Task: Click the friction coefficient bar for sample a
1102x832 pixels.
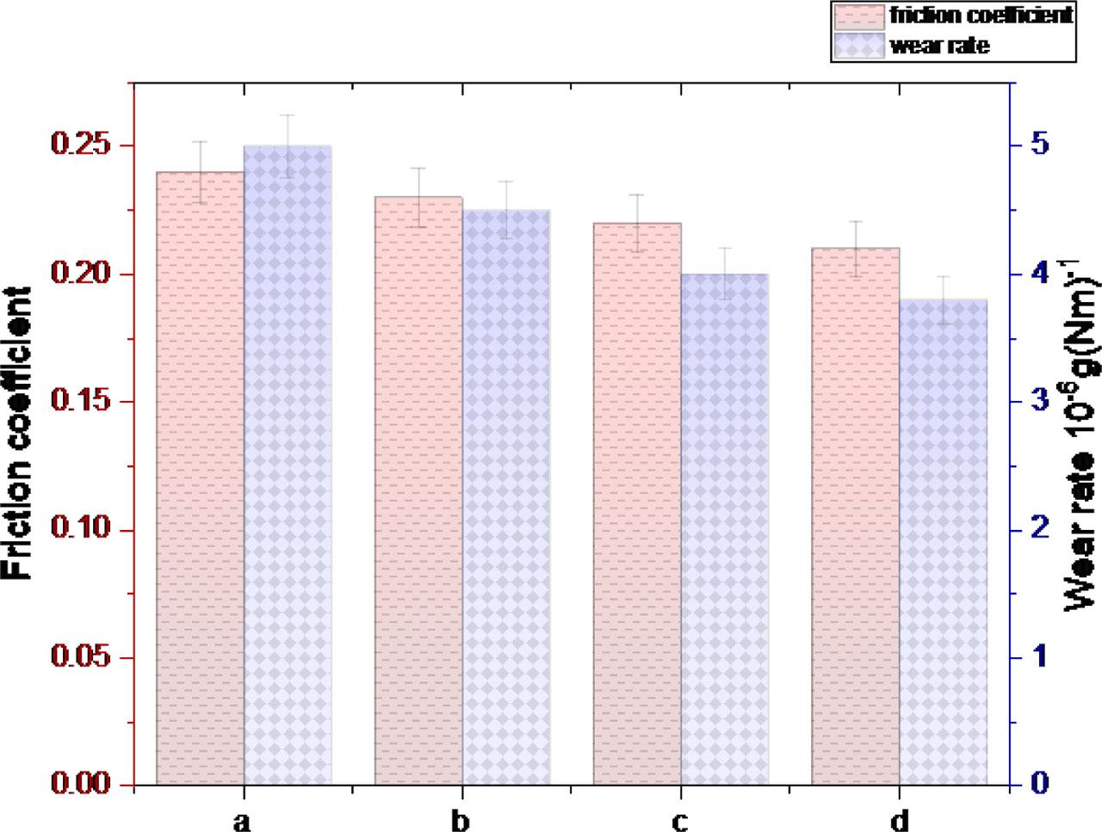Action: click(201, 478)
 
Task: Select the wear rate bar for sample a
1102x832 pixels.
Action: click(288, 465)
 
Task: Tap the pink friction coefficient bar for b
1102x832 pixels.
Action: click(418, 490)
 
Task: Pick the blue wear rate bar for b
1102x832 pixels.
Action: click(506, 497)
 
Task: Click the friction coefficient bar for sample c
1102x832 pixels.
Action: click(638, 503)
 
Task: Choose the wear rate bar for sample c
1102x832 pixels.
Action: click(725, 529)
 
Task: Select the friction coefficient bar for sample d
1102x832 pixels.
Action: click(856, 516)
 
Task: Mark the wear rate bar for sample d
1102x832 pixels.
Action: click(944, 542)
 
